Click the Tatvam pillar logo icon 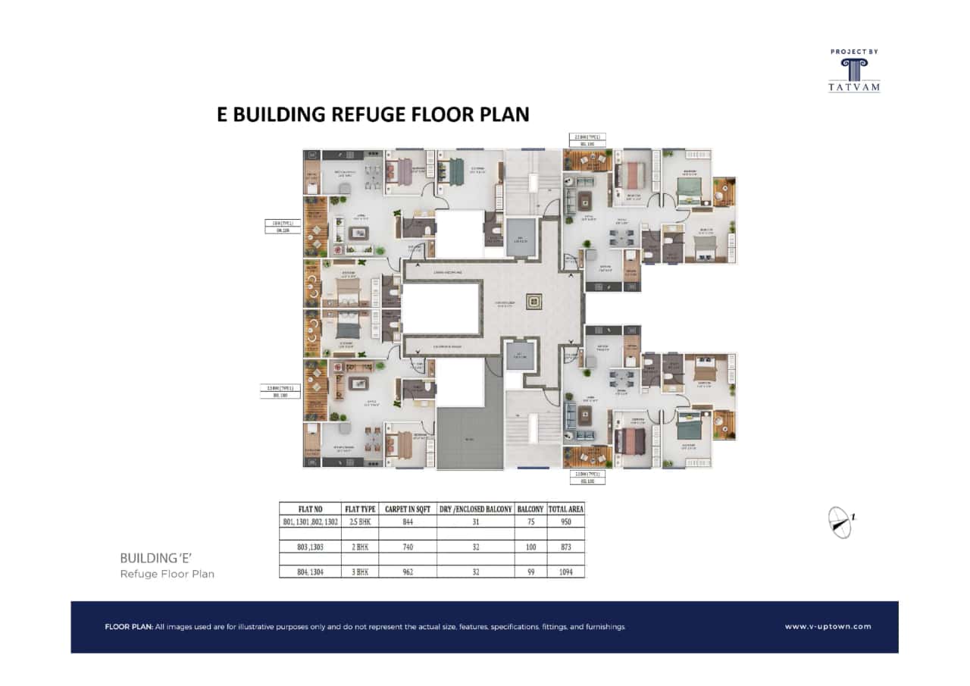pos(854,69)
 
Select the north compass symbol pos(840,522)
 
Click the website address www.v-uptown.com pos(828,627)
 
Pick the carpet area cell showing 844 pos(407,522)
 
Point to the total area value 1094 pos(565,572)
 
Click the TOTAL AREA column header pos(565,509)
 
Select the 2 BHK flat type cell pos(360,547)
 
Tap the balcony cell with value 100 pos(529,547)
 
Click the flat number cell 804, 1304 pos(311,572)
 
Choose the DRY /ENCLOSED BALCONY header pos(475,509)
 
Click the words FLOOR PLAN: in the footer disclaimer pos(128,628)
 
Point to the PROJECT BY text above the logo pos(854,52)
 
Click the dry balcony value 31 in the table pos(475,522)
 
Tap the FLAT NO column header pos(311,509)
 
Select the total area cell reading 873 pos(565,547)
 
